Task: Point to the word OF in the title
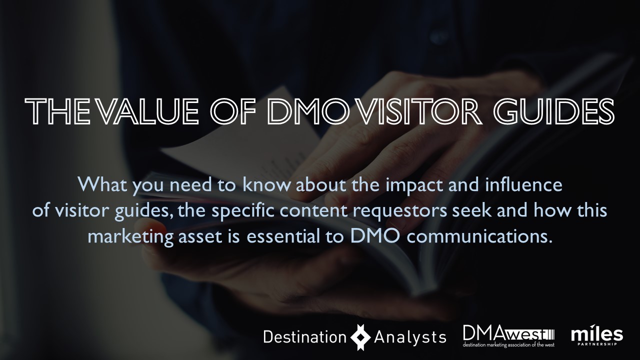tap(233, 111)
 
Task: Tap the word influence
tap(523, 184)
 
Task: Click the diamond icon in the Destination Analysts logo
tap(360, 337)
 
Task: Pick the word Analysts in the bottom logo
tap(410, 337)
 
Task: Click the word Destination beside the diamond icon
tap(305, 337)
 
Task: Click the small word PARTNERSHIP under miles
tap(597, 344)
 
